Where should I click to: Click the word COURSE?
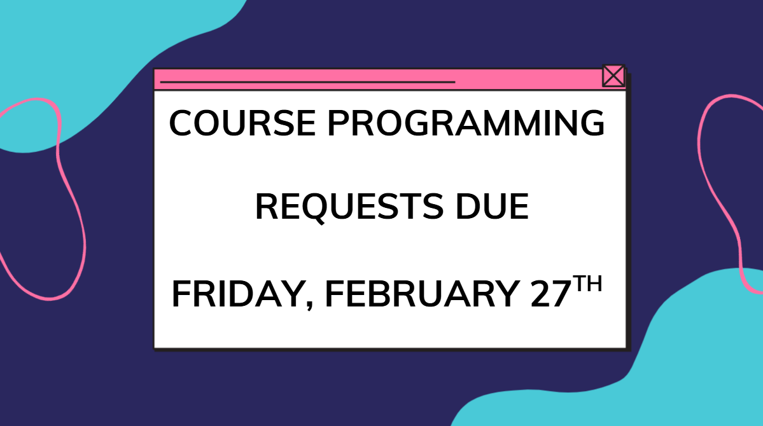pyautogui.click(x=242, y=123)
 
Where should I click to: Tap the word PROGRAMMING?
pyautogui.click(x=465, y=123)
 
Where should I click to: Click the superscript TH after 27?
pyautogui.click(x=585, y=284)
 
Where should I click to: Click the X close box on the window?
pyautogui.click(x=613, y=76)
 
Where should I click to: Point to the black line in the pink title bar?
pyautogui.click(x=307, y=82)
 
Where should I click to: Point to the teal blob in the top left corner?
pyautogui.click(x=95, y=57)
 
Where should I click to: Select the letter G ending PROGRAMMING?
pyautogui.click(x=591, y=123)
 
